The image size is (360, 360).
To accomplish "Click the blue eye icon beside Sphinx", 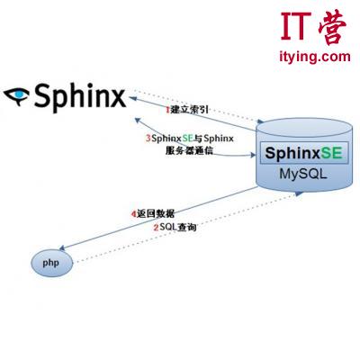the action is click(x=16, y=95).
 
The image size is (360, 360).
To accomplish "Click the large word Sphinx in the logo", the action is click(x=80, y=97).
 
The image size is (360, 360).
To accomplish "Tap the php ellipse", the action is click(x=52, y=264).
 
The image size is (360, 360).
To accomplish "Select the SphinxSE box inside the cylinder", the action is click(x=304, y=153).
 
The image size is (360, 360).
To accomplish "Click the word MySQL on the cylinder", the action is click(x=303, y=174).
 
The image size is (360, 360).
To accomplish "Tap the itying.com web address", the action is click(x=315, y=57).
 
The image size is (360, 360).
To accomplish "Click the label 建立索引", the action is click(x=189, y=110).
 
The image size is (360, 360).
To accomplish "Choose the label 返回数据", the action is click(x=156, y=213).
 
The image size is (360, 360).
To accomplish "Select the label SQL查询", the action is click(x=178, y=227).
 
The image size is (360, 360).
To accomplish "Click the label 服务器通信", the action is click(x=189, y=150).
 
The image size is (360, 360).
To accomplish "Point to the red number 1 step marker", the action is click(x=167, y=110).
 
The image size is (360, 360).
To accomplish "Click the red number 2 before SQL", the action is click(x=156, y=228).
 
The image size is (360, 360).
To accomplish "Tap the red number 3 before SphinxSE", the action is click(x=148, y=139).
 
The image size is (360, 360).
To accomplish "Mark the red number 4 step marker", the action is click(x=134, y=214).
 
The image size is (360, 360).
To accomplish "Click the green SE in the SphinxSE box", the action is click(x=331, y=153).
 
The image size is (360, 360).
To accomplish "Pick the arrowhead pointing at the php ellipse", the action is click(x=62, y=247).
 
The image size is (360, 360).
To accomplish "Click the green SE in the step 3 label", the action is click(x=187, y=139).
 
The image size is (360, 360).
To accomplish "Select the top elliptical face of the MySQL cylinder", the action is click(x=304, y=128).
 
